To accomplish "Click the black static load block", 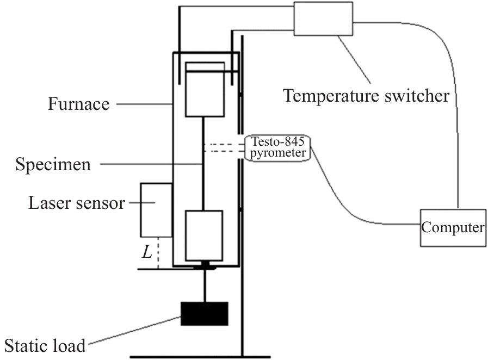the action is pyautogui.click(x=205, y=314).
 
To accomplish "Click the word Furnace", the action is pyautogui.click(x=79, y=104).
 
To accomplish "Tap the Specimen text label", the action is pyautogui.click(x=53, y=164).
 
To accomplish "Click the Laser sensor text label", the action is pyautogui.click(x=77, y=203).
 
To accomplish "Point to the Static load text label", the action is pyautogui.click(x=45, y=345).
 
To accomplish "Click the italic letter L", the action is pyautogui.click(x=147, y=252).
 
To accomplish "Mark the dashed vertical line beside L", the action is pyautogui.click(x=158, y=253).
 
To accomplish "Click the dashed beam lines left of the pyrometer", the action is pyautogui.click(x=224, y=148).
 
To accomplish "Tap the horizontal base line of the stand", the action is pyautogui.click(x=200, y=357).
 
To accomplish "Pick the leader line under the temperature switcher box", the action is pyautogui.click(x=354, y=59).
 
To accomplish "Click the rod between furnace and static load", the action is pyautogui.click(x=205, y=285).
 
